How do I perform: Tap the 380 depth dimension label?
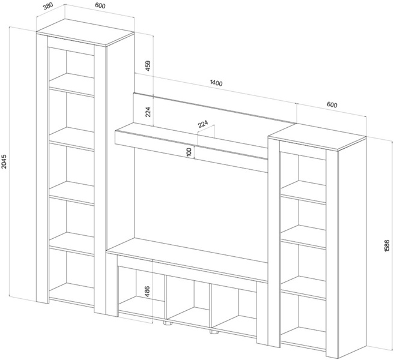47,7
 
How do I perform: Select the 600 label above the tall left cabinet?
100,6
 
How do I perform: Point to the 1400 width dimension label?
216,83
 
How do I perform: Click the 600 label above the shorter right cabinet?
332,104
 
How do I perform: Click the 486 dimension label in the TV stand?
148,292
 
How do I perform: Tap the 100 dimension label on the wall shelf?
189,152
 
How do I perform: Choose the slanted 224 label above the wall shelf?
203,123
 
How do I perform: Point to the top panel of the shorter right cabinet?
317,136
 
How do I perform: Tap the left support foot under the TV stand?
166,323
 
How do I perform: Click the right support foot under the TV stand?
214,333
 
